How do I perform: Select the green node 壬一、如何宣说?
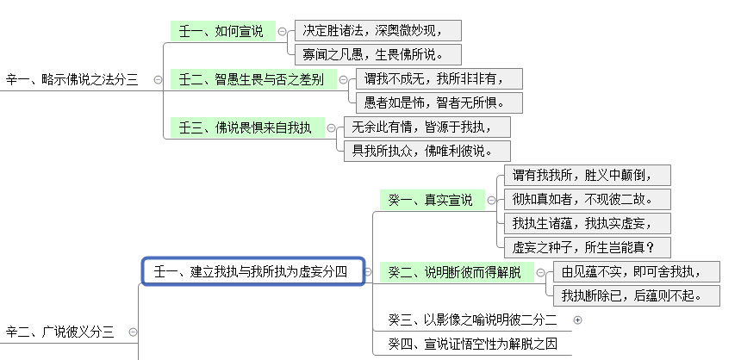tap(221, 31)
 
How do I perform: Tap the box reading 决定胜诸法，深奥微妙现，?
tap(377, 31)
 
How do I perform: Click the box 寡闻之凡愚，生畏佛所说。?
tap(377, 55)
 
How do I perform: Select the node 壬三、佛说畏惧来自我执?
tap(246, 127)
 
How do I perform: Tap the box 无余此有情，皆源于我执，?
tap(426, 127)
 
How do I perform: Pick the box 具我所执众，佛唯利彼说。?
tap(426, 151)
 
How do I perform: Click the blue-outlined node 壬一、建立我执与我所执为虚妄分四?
tap(250, 272)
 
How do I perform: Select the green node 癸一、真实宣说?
tap(430, 200)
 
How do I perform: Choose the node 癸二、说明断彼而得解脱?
tap(454, 272)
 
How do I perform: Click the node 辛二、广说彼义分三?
tap(60, 332)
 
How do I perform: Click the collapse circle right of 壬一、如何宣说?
tap(282, 31)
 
